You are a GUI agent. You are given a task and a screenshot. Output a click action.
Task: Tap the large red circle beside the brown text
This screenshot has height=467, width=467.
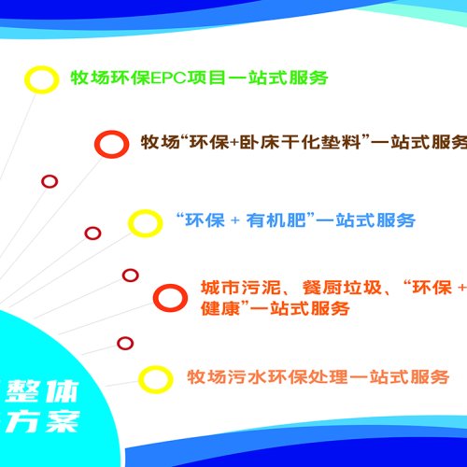tap(111, 144)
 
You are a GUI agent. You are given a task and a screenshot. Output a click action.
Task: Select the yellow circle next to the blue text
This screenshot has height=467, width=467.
tap(144, 222)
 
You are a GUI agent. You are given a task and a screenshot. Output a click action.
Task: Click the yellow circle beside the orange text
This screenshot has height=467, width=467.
tap(155, 378)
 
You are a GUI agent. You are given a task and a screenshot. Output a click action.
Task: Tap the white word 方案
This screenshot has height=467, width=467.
tap(42, 421)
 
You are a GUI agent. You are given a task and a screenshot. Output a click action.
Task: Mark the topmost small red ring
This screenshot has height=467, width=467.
tap(50, 181)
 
